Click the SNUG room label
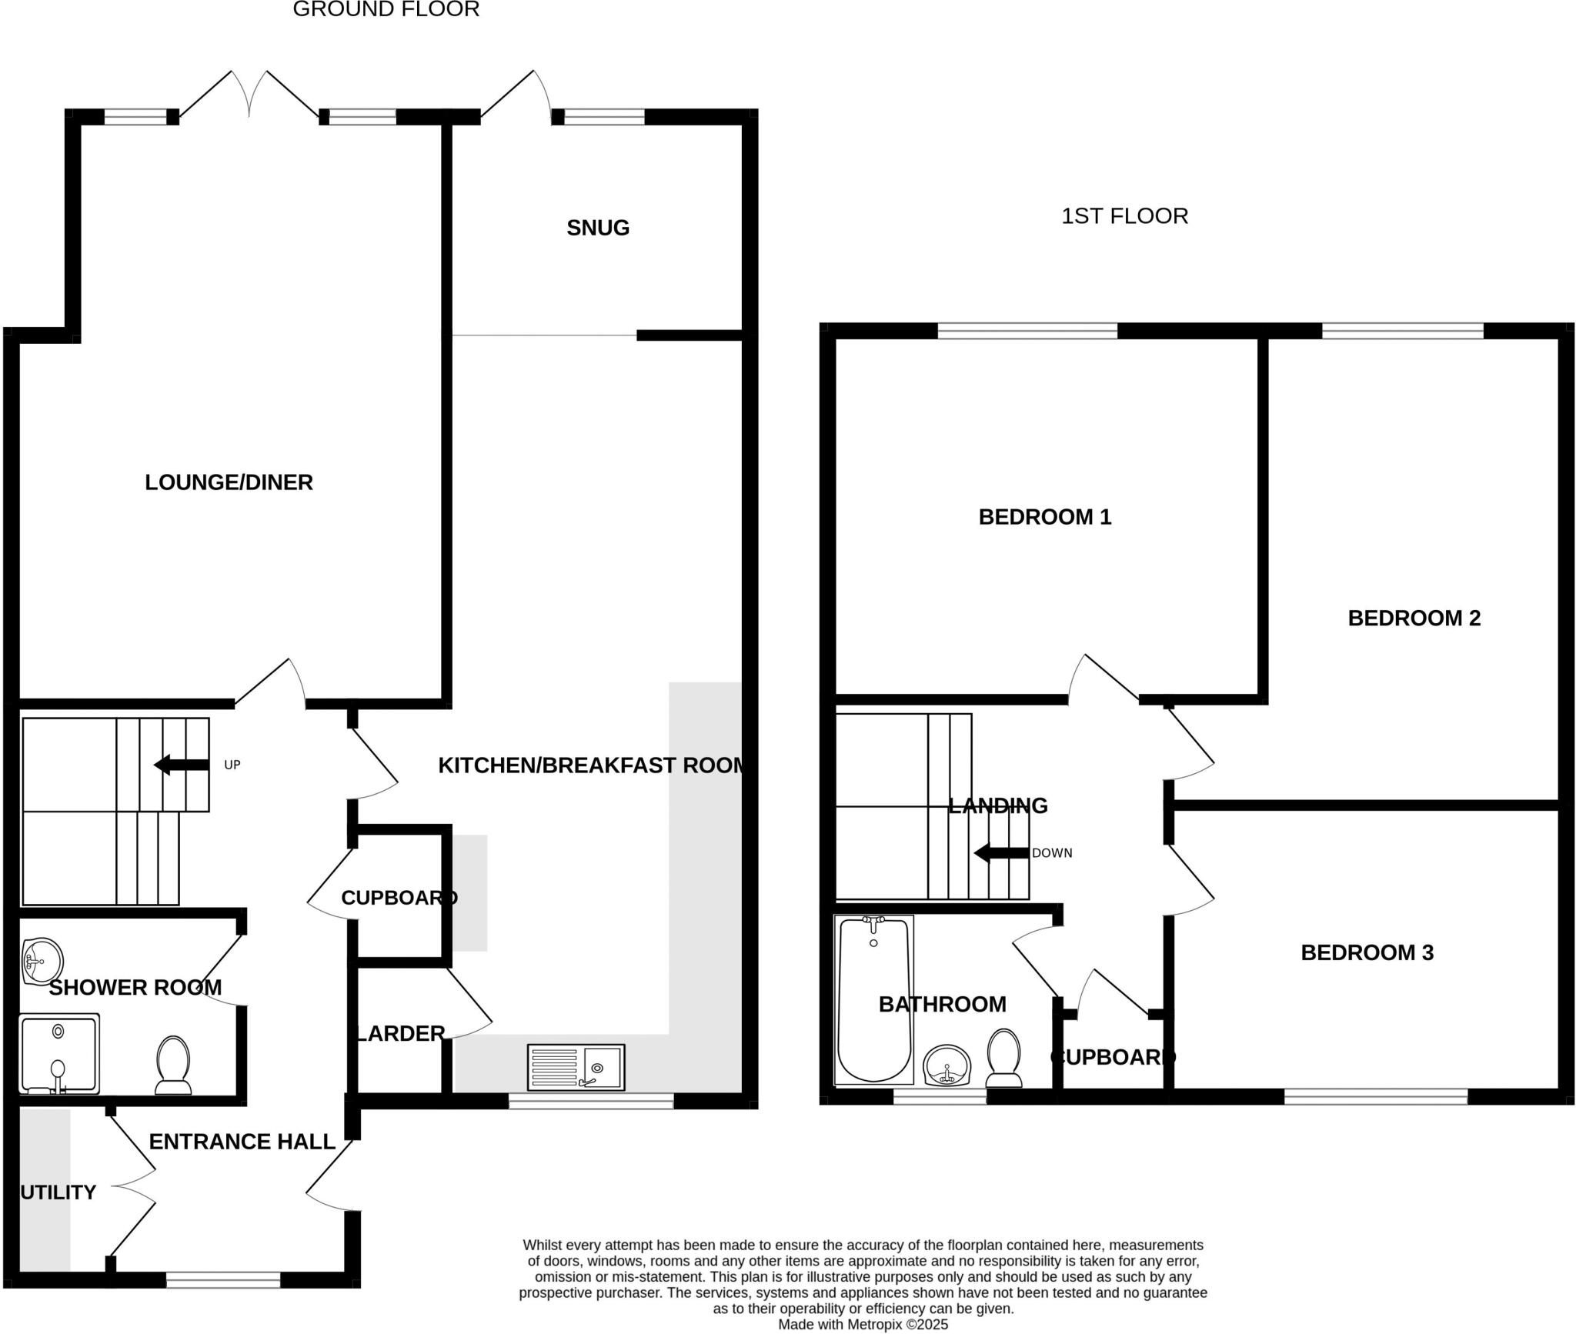[x=598, y=228]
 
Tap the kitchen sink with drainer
[x=576, y=1067]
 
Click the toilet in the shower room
[x=173, y=1065]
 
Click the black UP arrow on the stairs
[x=182, y=765]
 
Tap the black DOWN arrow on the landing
[x=1001, y=853]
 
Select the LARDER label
[x=400, y=1033]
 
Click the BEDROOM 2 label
[x=1414, y=618]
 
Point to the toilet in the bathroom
[x=1003, y=1058]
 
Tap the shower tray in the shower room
[x=59, y=1054]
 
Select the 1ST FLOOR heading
[x=1124, y=216]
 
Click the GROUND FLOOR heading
[x=386, y=9]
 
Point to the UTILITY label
[x=58, y=1192]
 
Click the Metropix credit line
[x=863, y=1324]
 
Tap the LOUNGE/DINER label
[x=229, y=482]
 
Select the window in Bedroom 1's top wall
[x=1027, y=331]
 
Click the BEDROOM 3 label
[x=1367, y=952]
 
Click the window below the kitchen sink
[x=590, y=1102]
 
